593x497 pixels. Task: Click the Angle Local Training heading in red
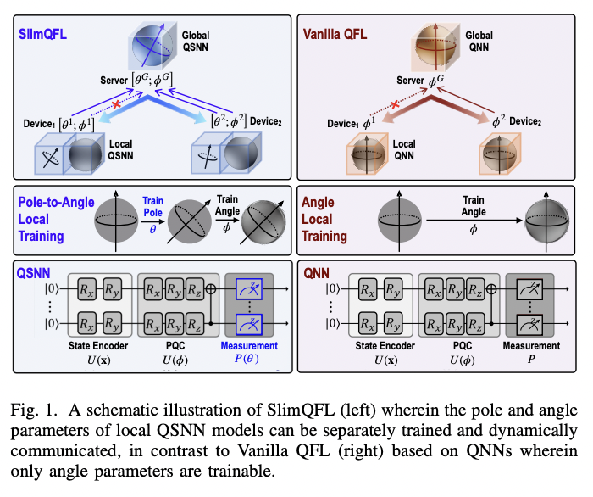click(324, 220)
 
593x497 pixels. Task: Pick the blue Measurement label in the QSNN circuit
click(249, 345)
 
